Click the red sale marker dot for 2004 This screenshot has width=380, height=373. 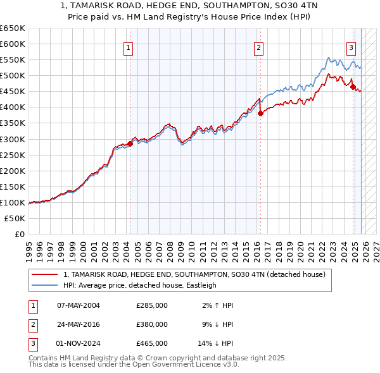coord(130,144)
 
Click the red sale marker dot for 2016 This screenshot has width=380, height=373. coord(260,113)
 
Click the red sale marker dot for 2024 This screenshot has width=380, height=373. coord(353,87)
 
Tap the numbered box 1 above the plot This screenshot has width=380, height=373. coord(129,47)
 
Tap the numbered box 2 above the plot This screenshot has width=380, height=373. coord(259,47)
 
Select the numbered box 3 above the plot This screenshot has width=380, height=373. coord(351,47)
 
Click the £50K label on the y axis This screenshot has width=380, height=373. coord(15,218)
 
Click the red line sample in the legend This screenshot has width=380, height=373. coord(45,275)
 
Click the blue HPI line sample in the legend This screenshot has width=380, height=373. coord(45,285)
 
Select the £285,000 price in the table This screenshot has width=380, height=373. coord(152,305)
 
